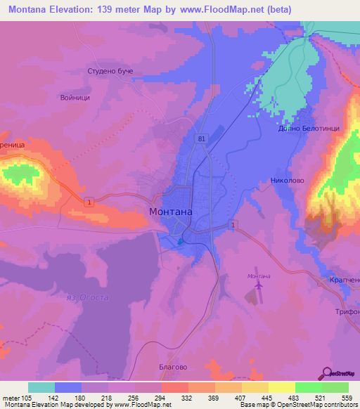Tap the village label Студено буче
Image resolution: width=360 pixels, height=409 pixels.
[x=110, y=72]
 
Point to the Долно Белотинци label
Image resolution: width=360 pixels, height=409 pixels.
[x=304, y=129]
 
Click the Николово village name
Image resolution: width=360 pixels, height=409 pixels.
[x=286, y=180]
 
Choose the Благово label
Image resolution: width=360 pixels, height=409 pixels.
[x=172, y=366]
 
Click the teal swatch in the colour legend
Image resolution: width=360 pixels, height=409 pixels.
[x=41, y=387]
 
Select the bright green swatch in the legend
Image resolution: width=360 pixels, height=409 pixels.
[x=308, y=387]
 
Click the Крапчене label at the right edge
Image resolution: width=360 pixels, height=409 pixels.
[x=345, y=280]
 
